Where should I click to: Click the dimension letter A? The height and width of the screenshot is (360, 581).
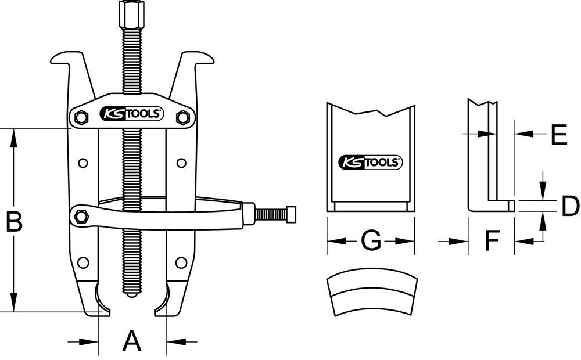pos(132,340)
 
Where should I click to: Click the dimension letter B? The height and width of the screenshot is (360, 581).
pos(14,221)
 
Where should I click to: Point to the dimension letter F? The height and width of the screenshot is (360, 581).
pos(492,240)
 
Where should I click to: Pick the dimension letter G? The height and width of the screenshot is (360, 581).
pos(371,240)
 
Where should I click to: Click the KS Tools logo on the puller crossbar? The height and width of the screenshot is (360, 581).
pos(131,114)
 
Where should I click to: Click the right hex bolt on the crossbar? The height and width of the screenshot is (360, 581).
pos(182,118)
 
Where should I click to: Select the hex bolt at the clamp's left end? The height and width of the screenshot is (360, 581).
pos(81,217)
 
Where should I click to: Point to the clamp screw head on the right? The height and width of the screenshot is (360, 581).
pos(291,214)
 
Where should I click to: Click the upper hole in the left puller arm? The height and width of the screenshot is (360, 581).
pos(83,163)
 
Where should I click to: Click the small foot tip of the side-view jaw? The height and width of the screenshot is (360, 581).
pos(510,205)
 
